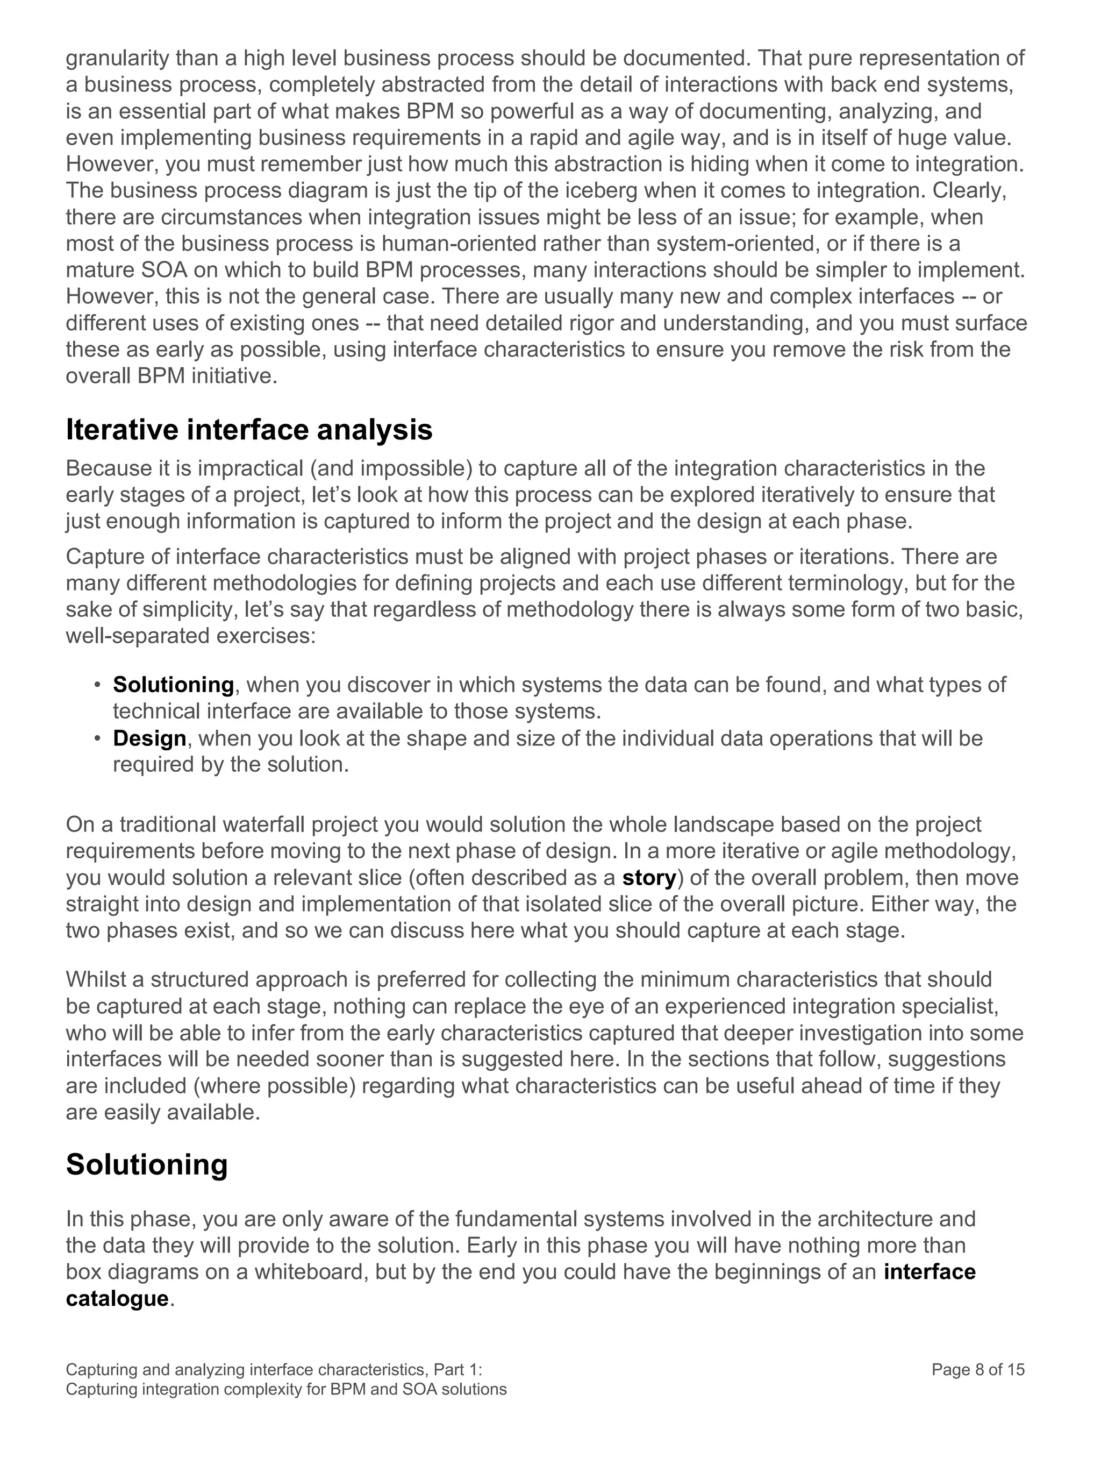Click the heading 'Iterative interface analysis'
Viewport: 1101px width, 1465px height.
(x=249, y=430)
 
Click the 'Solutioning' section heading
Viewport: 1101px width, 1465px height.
(x=146, y=1164)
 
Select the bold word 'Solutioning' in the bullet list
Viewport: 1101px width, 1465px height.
(x=174, y=684)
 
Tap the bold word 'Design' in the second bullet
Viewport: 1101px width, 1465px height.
(x=149, y=738)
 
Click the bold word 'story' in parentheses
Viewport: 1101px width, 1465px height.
(x=649, y=878)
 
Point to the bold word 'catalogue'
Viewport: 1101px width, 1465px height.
(x=117, y=1298)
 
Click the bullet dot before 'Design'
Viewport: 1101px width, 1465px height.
(x=97, y=738)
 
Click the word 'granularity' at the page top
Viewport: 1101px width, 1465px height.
(x=118, y=58)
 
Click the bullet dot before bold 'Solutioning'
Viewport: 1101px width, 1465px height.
(x=97, y=684)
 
